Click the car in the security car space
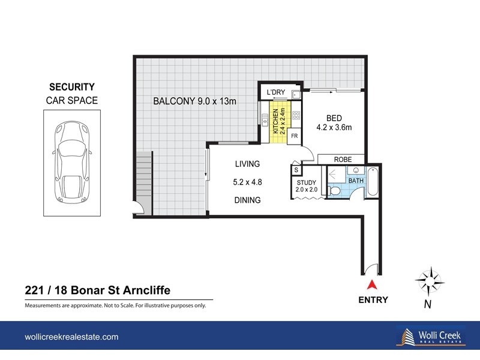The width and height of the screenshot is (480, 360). tap(71, 163)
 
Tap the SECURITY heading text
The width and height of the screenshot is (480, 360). tap(71, 87)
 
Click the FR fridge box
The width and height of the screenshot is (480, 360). tap(295, 136)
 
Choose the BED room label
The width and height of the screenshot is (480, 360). tap(334, 118)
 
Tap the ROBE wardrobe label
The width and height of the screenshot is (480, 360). tap(343, 160)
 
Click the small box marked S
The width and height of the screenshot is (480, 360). tap(296, 170)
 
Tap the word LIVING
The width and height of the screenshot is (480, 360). tap(247, 164)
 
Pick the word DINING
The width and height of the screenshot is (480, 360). tap(247, 200)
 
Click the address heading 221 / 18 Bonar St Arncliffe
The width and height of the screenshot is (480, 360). tap(97, 290)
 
